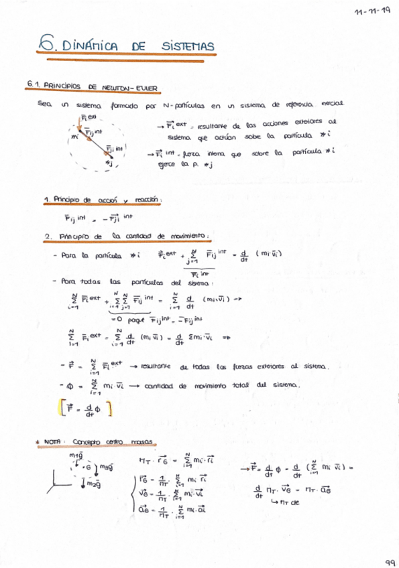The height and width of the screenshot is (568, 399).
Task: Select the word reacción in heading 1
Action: click(148, 200)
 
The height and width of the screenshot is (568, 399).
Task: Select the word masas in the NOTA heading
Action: click(141, 443)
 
